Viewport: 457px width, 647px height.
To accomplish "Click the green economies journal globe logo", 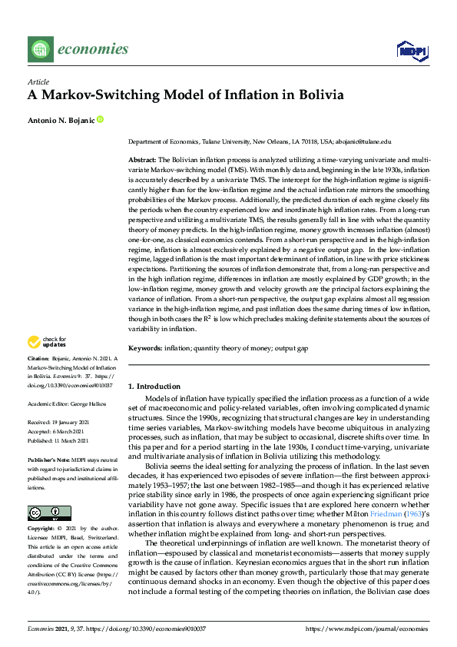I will point(39,50).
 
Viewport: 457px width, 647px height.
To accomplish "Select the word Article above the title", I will point(38,81).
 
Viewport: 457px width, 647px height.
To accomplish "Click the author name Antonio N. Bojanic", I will point(61,119).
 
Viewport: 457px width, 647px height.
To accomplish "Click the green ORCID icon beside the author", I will point(100,119).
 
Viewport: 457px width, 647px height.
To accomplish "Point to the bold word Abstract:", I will point(141,158).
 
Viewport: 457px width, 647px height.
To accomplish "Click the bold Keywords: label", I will point(144,348).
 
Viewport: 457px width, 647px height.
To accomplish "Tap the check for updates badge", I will point(47,343).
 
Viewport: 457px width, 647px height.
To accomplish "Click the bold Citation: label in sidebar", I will point(38,358).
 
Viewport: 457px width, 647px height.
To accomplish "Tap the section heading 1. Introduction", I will point(154,386).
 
